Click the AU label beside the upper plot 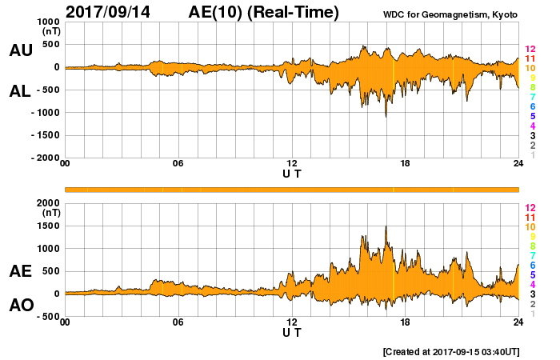(21, 50)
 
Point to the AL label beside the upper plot (21, 91)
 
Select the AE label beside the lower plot (21, 271)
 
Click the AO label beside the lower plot (21, 305)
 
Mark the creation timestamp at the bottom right (452, 351)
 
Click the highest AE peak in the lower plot (386, 227)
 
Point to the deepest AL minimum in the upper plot (386, 117)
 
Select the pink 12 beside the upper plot (530, 50)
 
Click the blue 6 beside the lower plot (530, 265)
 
